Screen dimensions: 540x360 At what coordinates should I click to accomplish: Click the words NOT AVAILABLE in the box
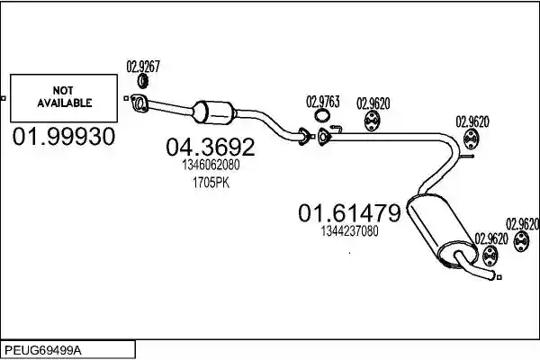coord(64,97)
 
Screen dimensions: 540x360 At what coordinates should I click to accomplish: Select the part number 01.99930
coord(64,136)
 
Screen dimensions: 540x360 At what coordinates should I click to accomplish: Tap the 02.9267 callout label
coord(143,66)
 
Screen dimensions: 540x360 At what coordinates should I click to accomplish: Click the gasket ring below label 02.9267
coord(143,81)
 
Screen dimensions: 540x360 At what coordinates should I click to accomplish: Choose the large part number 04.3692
coord(211,147)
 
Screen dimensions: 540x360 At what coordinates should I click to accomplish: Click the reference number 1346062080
coord(211,165)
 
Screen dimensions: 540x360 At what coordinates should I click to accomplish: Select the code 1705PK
coord(211,183)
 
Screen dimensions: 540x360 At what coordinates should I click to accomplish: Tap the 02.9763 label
coord(323,102)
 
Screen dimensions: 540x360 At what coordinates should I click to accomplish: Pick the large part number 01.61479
coord(349,212)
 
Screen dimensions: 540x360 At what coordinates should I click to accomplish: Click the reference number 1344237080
coord(349,230)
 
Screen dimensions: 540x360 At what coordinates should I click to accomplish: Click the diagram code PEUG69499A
coord(43,350)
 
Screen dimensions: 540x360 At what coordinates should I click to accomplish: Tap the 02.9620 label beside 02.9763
coord(373,103)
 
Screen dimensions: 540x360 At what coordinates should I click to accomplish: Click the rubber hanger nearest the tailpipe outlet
coord(490,256)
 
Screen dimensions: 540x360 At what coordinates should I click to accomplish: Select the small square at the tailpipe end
coord(499,277)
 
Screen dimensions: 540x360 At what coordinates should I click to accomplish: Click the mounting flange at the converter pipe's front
coord(139,103)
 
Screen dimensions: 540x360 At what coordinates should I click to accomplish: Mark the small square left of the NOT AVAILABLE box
coord(4,98)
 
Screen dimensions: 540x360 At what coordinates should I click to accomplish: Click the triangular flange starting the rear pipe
coord(323,137)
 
